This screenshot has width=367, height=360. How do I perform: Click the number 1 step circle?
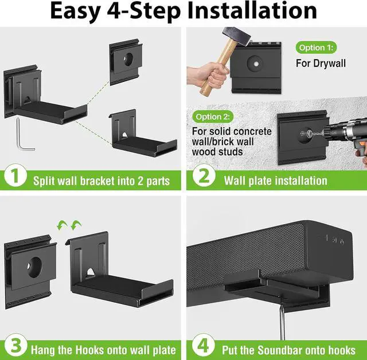pyautogui.click(x=15, y=175)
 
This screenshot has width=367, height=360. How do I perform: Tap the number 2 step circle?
pyautogui.click(x=204, y=175)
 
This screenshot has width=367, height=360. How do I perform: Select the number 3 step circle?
pyautogui.click(x=15, y=346)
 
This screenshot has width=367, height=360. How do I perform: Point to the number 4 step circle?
pyautogui.click(x=204, y=346)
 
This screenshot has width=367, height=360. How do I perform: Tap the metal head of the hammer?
pyautogui.click(x=236, y=36)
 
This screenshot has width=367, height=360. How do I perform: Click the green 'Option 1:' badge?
pyautogui.click(x=316, y=48)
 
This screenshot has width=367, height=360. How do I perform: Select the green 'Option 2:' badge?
pyautogui.click(x=213, y=117)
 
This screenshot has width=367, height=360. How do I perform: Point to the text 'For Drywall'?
pyautogui.click(x=321, y=64)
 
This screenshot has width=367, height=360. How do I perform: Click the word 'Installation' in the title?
pyautogui.click(x=252, y=11)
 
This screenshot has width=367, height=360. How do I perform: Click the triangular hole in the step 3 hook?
pyautogui.click(x=91, y=272)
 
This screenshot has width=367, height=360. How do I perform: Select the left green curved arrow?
pyautogui.click(x=63, y=225)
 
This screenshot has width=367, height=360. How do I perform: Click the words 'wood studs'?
pyautogui.click(x=217, y=152)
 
